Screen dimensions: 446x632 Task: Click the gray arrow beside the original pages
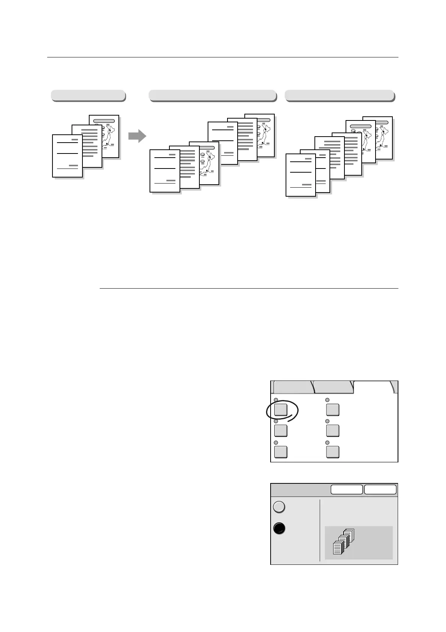coord(137,136)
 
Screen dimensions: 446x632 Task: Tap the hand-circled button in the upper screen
coord(281,409)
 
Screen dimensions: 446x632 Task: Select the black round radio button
coord(279,528)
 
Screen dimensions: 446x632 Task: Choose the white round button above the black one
coord(279,507)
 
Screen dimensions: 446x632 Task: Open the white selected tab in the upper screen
coord(373,387)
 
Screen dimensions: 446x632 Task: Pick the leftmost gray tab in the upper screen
coord(293,387)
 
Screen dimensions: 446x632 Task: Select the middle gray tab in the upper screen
coord(333,387)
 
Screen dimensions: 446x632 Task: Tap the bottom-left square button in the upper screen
coord(281,452)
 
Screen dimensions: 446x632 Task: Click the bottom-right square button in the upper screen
coord(332,452)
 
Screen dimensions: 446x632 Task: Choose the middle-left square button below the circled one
coord(281,430)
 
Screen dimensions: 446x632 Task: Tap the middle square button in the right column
coord(332,430)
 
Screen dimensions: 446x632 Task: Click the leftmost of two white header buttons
coord(347,489)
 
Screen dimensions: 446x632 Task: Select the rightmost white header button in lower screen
coord(380,489)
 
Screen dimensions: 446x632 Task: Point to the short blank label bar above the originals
coord(88,95)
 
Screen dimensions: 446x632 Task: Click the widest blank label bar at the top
coord(212,95)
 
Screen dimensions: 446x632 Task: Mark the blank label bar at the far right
coord(339,95)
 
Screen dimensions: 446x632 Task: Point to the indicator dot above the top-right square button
coord(327,400)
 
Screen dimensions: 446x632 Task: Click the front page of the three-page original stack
coord(67,155)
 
